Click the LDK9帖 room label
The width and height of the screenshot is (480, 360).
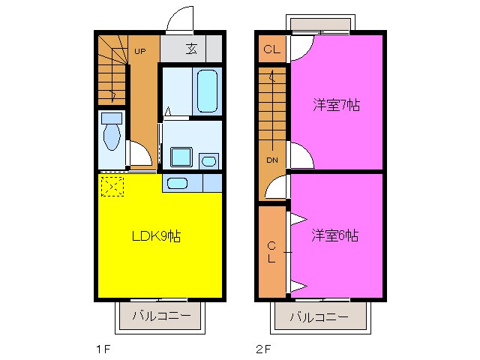(156, 236)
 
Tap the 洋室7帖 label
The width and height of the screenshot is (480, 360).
(336, 106)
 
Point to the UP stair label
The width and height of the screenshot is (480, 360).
(140, 51)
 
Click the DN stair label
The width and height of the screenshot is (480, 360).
(271, 160)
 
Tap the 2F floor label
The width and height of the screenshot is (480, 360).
(262, 348)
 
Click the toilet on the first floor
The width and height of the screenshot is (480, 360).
(112, 134)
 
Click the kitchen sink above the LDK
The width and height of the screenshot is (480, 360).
(178, 183)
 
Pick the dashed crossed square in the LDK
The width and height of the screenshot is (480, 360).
(112, 185)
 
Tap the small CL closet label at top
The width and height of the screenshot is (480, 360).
(271, 52)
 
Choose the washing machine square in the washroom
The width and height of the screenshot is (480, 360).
(181, 157)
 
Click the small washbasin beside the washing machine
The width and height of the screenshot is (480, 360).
(209, 160)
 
